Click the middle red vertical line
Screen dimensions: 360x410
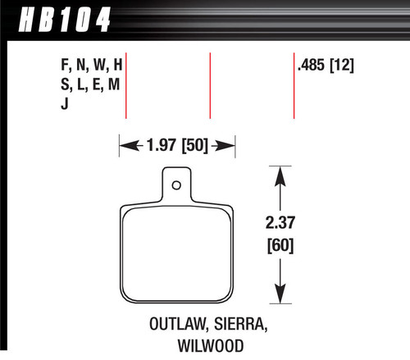click(x=211, y=87)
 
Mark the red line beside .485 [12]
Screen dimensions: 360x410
click(x=294, y=87)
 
